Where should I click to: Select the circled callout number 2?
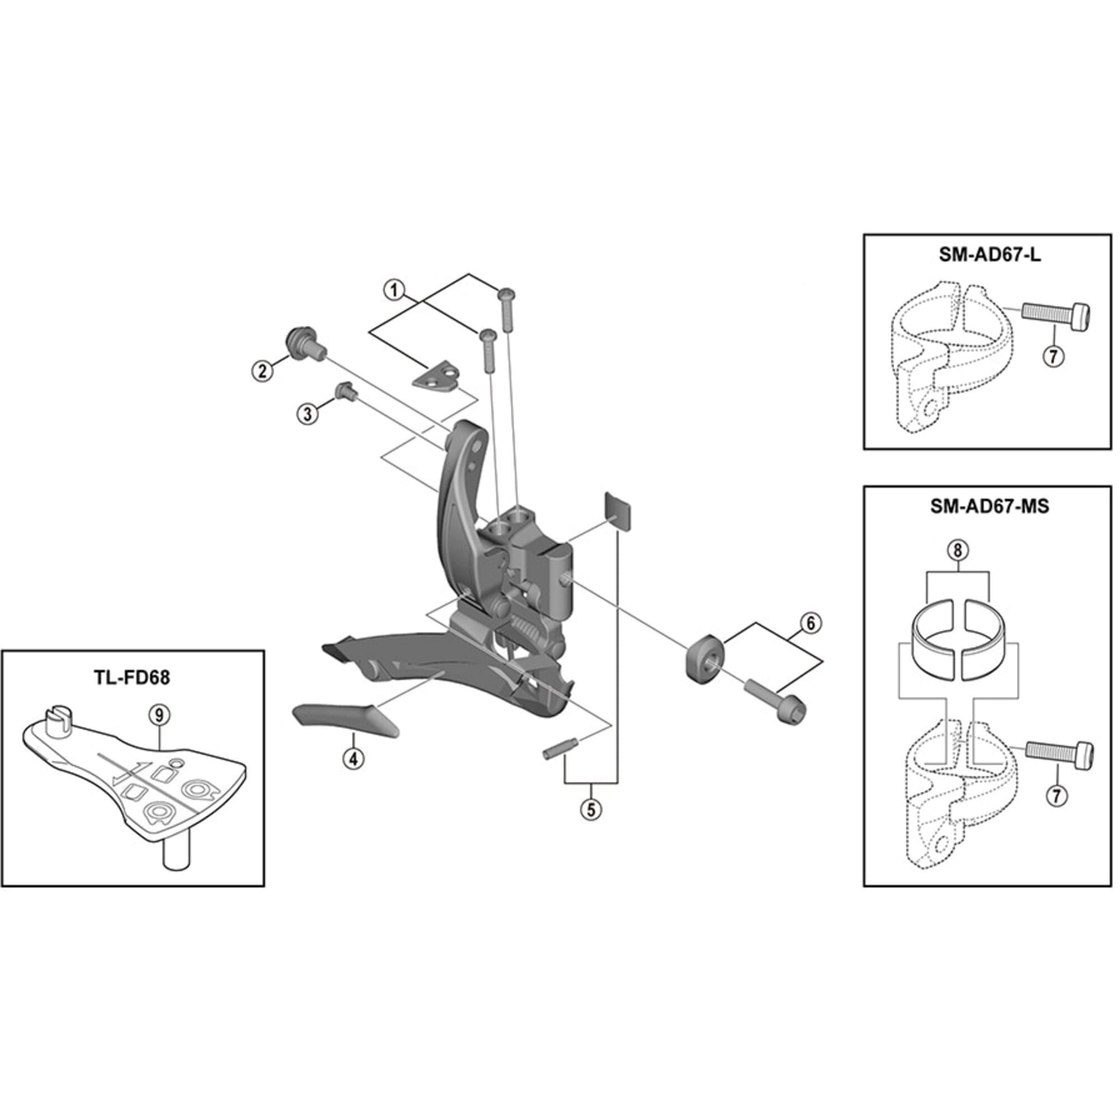pos(263,370)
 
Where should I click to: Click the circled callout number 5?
pos(591,809)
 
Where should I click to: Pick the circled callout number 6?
pos(810,623)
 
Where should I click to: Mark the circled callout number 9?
pos(159,716)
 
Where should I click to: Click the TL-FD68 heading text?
pos(133,677)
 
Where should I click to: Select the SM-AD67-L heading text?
pos(990,256)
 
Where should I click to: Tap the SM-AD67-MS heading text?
pos(990,506)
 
